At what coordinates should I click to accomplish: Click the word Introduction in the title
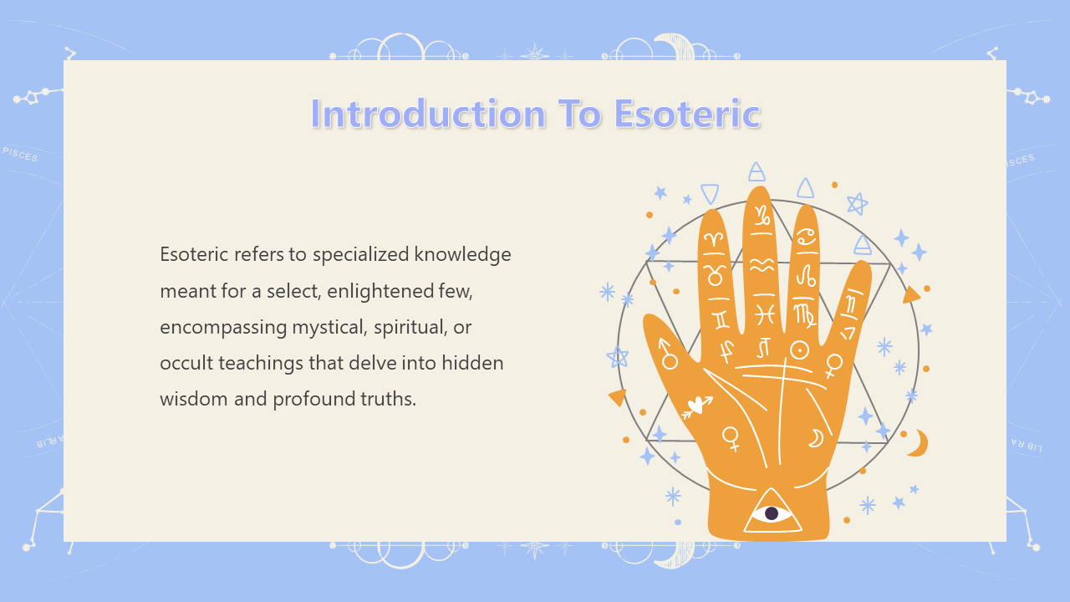pyautogui.click(x=428, y=114)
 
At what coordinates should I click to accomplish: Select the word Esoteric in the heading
pyautogui.click(x=687, y=114)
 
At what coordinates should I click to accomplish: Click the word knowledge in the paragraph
pyautogui.click(x=462, y=255)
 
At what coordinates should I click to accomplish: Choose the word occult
pyautogui.click(x=186, y=363)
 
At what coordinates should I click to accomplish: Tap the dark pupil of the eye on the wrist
pyautogui.click(x=772, y=513)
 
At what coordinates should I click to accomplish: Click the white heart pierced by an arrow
pyautogui.click(x=697, y=406)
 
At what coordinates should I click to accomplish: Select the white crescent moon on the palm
pyautogui.click(x=816, y=438)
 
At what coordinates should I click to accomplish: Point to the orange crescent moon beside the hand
pyautogui.click(x=918, y=443)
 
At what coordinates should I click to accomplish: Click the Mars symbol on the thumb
pyautogui.click(x=667, y=354)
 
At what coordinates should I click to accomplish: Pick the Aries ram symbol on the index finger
pyautogui.click(x=715, y=239)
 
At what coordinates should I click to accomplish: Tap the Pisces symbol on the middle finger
pyautogui.click(x=764, y=315)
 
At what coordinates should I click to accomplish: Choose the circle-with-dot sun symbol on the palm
pyautogui.click(x=799, y=350)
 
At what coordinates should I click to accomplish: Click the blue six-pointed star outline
pyautogui.click(x=858, y=204)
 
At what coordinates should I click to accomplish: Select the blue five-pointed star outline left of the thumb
pyautogui.click(x=617, y=357)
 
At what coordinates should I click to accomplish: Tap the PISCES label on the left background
pyautogui.click(x=20, y=155)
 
